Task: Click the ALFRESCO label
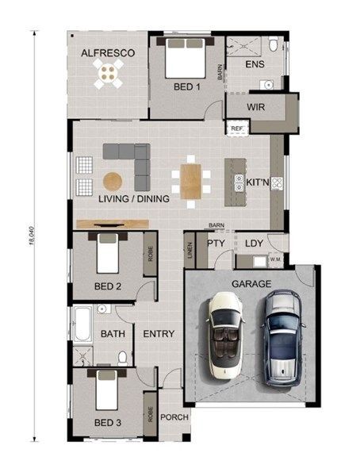[x=108, y=53]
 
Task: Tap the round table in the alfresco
[x=109, y=73]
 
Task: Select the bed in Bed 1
[x=186, y=58]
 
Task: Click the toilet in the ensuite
[x=274, y=44]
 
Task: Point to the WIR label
[x=255, y=107]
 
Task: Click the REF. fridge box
[x=237, y=129]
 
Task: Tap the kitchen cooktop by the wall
[x=277, y=183]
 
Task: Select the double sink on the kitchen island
[x=239, y=183]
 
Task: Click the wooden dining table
[x=190, y=182]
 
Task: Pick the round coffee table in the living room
[x=113, y=182]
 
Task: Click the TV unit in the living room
[x=113, y=224]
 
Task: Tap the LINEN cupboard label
[x=190, y=250]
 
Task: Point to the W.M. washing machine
[x=276, y=260]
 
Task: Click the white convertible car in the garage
[x=225, y=336]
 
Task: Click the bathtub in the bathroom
[x=82, y=324]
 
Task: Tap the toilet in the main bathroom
[x=123, y=359]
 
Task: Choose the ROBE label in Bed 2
[x=150, y=254]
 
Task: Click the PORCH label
[x=174, y=417]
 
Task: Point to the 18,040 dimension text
[x=33, y=236]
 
